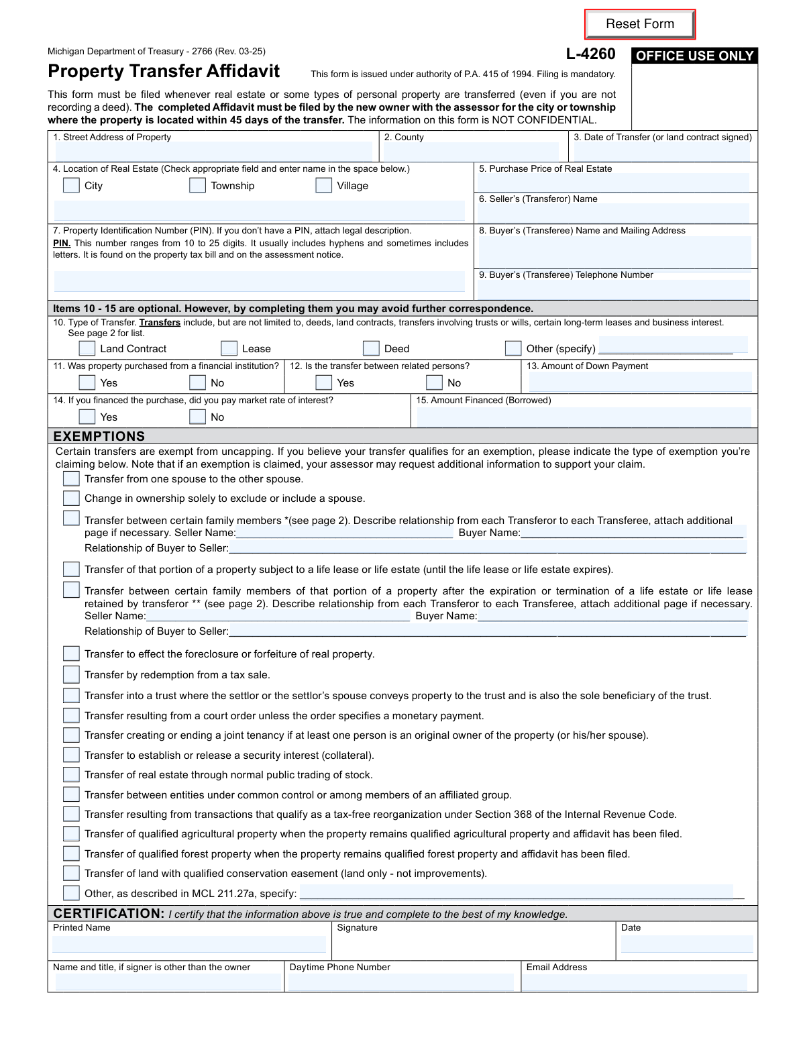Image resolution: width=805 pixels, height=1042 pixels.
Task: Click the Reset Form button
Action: [640, 24]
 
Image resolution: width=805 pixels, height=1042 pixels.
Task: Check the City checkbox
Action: [71, 185]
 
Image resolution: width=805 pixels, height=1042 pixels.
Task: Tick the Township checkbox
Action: [197, 185]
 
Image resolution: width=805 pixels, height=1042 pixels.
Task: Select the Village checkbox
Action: [323, 185]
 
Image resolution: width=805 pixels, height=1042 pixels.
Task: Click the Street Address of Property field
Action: [213, 152]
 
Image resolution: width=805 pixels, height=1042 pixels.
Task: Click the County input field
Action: [471, 152]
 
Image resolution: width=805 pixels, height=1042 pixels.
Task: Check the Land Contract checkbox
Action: [87, 348]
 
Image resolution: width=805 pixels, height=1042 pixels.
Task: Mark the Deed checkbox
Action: [371, 348]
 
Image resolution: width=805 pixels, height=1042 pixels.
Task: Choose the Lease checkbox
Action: [229, 348]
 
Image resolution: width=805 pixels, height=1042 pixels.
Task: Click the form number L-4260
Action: [590, 54]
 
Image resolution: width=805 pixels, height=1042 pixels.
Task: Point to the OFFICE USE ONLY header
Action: [694, 56]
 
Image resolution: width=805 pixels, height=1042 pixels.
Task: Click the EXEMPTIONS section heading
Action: [99, 436]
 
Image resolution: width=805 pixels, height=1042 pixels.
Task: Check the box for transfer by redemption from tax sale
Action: [71, 674]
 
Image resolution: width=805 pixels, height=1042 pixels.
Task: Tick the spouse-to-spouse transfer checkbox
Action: [71, 478]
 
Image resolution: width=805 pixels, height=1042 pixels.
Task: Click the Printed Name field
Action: [189, 944]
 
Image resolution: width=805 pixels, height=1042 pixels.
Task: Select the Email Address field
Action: [635, 983]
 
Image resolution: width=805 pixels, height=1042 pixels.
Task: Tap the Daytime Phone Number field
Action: [401, 983]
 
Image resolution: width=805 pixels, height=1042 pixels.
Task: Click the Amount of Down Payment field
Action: [640, 382]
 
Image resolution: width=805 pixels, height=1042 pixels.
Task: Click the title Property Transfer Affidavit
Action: [164, 71]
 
